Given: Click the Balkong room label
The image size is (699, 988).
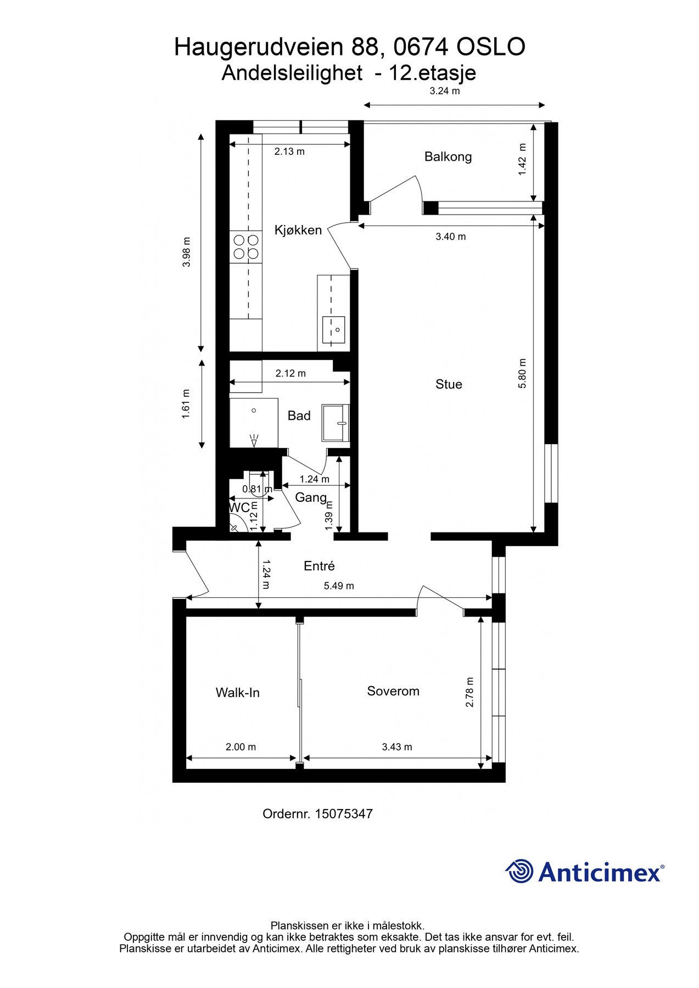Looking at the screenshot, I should coord(448,157).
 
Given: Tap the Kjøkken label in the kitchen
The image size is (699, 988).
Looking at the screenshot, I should coord(298,230).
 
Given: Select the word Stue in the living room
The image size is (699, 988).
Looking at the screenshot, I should coord(449,384).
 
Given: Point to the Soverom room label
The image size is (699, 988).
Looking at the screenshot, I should coord(393,691).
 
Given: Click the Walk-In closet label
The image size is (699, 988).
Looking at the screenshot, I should coord(237,693).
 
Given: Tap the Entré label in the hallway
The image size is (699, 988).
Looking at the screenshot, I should coord(319,566).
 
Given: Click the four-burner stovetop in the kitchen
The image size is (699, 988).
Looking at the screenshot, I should coord(246,246).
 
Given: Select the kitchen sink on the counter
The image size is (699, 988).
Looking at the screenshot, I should coord(333,329).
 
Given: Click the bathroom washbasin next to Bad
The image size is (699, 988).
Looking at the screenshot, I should coord(335,423).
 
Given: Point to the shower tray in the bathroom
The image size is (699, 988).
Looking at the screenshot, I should coord(254,423).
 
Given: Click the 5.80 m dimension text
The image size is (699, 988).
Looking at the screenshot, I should coord(522,373).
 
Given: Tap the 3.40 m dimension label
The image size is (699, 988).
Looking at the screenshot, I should coord(450,237).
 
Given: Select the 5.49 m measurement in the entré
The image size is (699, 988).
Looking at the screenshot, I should coord(339,586).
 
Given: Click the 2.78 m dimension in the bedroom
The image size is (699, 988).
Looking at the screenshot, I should coord(469,692).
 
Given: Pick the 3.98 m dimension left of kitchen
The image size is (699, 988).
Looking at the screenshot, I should coord(187,251).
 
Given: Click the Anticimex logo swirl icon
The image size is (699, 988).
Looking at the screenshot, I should coord(519,871).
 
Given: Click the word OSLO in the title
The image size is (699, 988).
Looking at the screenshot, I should coord(491,48).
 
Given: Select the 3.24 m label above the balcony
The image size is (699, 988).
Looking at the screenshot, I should coord(444,91).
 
